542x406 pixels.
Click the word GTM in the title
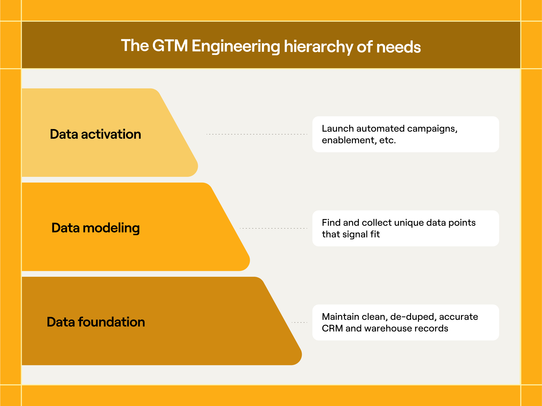point(170,46)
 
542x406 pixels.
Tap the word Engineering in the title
point(235,47)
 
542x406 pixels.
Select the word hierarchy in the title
point(318,47)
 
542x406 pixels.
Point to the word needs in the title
point(398,47)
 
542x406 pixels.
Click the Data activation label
point(95,134)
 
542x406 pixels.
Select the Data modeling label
point(95,228)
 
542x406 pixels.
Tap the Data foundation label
point(96,322)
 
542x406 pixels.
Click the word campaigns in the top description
point(432,129)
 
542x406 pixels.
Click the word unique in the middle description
point(409,223)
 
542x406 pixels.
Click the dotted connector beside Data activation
point(257,134)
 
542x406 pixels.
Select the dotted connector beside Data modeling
point(273,228)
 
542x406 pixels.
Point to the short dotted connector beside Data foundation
point(299,322)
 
